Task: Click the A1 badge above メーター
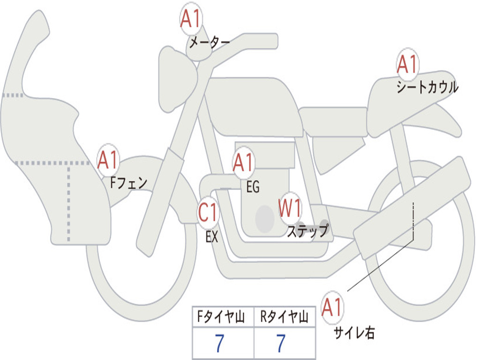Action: coord(191,20)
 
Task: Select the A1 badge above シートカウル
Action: coord(407,65)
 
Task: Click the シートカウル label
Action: coord(427,88)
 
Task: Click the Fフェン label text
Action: coord(128,182)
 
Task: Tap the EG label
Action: coord(253,187)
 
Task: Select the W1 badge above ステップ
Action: coord(290,208)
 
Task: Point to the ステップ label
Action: coord(308,231)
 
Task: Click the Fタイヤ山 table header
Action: coord(223,318)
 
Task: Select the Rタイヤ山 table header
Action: coord(285,318)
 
